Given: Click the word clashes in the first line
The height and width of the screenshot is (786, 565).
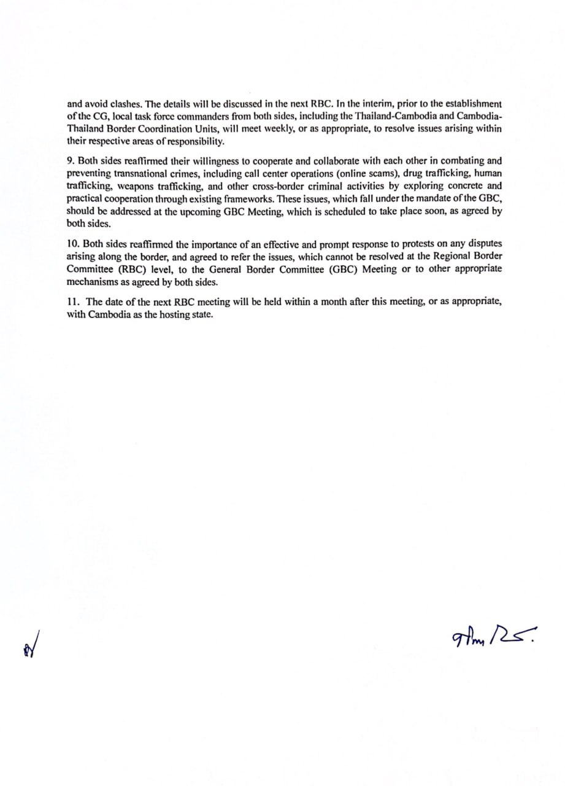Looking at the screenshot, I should pos(126,104).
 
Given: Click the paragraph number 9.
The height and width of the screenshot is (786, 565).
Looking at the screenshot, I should pos(70,161).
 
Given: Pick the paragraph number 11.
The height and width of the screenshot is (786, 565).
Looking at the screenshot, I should pos(72,302).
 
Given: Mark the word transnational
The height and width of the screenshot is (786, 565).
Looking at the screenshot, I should pos(133,173).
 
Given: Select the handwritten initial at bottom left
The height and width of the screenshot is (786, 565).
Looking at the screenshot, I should pos(29,645).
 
